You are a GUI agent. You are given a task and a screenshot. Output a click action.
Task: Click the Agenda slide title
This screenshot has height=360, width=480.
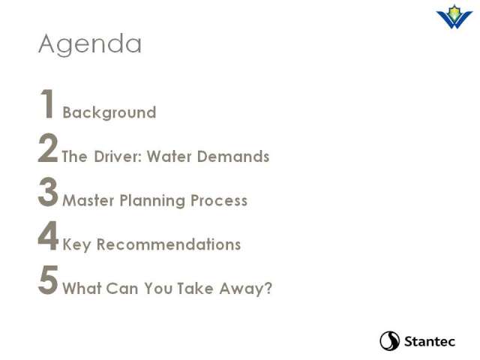point(90,44)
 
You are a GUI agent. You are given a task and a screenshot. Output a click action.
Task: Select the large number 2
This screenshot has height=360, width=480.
point(48,148)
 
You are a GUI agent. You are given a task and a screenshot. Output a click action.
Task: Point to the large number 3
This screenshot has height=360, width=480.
point(48,192)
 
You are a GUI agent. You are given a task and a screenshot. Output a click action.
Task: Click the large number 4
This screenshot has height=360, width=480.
point(48,235)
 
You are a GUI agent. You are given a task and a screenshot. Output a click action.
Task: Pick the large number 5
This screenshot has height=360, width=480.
point(48,280)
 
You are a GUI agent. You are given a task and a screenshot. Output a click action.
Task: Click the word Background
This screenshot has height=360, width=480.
point(109,113)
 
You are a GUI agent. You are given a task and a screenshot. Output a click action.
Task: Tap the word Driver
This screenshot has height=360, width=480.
point(118,157)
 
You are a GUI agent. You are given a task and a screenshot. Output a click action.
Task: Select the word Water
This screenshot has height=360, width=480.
point(169,157)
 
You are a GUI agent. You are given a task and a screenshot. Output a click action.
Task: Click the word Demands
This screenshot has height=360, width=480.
point(233,157)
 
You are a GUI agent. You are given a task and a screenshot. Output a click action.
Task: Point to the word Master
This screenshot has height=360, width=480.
point(88,201)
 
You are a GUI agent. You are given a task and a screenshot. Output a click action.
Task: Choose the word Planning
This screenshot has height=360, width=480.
point(152,201)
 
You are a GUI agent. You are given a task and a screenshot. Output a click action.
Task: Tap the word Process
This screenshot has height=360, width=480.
point(219,201)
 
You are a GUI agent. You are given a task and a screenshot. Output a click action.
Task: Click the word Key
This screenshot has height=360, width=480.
point(76,245)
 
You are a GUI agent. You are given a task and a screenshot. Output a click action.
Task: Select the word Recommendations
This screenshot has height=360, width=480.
point(169,244)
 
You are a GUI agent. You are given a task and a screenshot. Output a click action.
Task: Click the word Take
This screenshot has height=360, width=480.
point(195,288)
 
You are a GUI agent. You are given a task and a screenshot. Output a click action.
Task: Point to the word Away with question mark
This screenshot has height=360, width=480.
point(245,289)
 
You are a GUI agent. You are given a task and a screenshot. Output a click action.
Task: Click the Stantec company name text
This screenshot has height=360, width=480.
point(430,341)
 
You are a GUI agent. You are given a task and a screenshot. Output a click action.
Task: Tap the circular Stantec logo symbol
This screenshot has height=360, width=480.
point(390,340)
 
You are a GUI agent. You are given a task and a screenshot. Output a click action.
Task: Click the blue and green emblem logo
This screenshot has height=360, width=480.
point(454,16)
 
